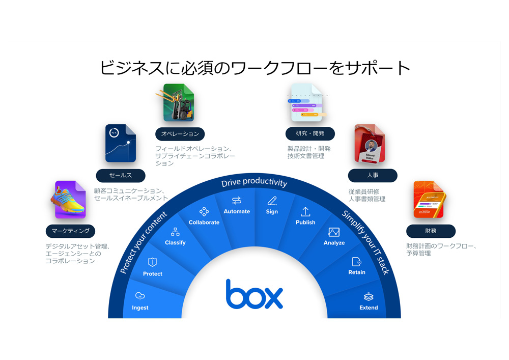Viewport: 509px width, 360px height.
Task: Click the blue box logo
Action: (x=254, y=294)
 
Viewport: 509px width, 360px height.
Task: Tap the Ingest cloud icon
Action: (x=140, y=296)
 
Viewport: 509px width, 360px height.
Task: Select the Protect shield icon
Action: (x=152, y=262)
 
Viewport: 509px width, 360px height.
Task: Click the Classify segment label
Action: (x=175, y=243)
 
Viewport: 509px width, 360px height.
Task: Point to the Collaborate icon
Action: (x=204, y=211)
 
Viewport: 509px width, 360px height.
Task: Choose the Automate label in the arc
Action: (x=237, y=211)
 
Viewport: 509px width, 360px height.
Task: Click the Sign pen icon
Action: (x=272, y=201)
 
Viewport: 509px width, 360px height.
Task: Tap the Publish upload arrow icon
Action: (x=305, y=211)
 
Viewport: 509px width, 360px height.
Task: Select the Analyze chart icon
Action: (x=334, y=232)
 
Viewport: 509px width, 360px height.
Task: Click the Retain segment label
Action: (x=357, y=272)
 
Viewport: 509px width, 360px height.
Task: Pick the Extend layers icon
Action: (x=369, y=297)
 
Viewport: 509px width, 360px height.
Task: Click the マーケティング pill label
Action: (x=70, y=231)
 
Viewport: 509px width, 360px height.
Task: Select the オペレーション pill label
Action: (x=180, y=134)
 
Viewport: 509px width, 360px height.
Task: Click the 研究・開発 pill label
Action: (x=310, y=134)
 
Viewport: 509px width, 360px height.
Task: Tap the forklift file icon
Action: (x=178, y=103)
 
